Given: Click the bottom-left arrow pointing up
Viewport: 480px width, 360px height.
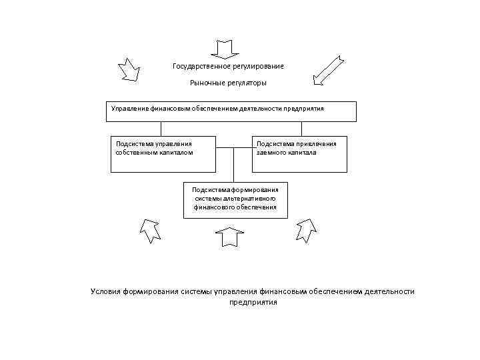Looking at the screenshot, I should [149, 231].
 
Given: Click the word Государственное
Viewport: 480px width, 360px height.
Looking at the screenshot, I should [201, 66].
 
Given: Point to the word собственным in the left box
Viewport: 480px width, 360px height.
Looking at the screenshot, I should [136, 152].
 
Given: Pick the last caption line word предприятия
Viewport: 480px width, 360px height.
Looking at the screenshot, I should [253, 302].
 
